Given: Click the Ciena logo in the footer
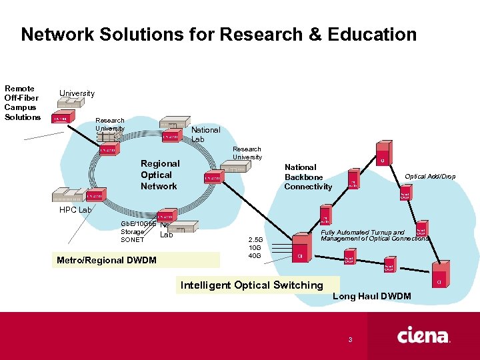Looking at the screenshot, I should (423, 335).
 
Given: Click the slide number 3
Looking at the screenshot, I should (349, 341).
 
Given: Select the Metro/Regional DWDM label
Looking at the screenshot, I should (107, 260).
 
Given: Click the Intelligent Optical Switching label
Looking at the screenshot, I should (251, 285).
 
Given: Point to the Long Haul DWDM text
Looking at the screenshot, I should (371, 296).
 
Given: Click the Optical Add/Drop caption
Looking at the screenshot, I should (430, 177).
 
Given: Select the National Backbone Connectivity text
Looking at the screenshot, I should (307, 177).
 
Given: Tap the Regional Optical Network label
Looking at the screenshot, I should (159, 175).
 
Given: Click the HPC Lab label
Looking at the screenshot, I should (75, 210).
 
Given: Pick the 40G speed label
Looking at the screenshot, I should (255, 256).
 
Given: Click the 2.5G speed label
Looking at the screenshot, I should (256, 239).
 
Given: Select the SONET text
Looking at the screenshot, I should (132, 240).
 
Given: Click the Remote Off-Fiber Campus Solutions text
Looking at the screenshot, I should (22, 103).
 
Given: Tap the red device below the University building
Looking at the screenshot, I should (61, 119).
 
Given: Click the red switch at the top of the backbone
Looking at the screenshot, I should (383, 154).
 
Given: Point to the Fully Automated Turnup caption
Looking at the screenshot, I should (374, 235).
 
